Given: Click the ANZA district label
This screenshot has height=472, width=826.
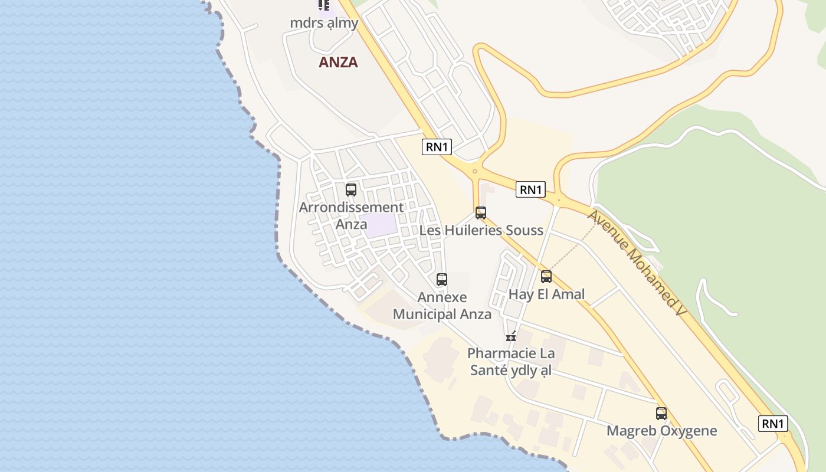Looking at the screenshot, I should [x=338, y=62].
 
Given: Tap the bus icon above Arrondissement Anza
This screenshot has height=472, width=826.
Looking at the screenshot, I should [x=351, y=190].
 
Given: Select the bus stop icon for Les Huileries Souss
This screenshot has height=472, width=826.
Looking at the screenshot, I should [x=481, y=213].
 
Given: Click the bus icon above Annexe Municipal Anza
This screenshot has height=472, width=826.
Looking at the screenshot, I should [x=442, y=280].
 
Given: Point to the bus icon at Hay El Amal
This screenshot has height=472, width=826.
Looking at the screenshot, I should [x=546, y=276].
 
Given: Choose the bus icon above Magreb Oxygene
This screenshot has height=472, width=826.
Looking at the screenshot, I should [x=661, y=414].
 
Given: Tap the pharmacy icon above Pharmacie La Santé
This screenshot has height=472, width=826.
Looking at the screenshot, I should [x=511, y=336].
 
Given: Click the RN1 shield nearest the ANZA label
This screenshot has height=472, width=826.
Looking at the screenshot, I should [x=437, y=147].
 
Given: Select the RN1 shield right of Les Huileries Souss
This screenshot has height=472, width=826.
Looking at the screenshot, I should [x=530, y=189].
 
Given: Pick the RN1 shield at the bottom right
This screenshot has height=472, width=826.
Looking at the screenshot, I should [x=773, y=423].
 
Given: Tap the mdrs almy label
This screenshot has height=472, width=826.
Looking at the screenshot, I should [x=324, y=23].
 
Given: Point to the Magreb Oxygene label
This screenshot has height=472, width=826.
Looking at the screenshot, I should [x=661, y=431].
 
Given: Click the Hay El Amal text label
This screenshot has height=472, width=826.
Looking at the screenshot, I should [x=546, y=294].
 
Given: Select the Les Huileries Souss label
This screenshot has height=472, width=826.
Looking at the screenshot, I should [x=481, y=230].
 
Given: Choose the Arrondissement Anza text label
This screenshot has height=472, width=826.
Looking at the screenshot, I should [x=351, y=215].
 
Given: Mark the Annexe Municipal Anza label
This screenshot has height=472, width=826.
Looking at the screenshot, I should [x=442, y=306].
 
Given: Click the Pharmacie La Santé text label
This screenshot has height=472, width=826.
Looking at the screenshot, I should [x=511, y=362].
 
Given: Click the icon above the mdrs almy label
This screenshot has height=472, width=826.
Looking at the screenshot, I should [x=324, y=5].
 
